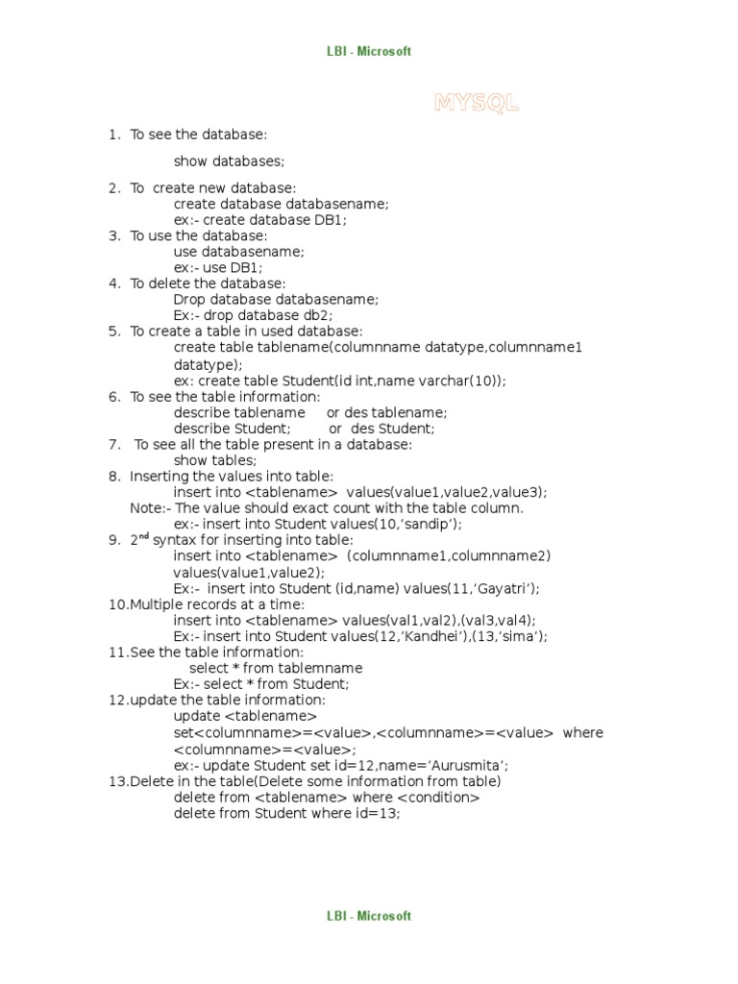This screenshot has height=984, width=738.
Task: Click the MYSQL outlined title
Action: (x=477, y=104)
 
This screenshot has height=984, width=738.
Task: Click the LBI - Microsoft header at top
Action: (x=368, y=52)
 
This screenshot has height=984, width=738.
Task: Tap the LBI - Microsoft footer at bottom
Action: (x=368, y=917)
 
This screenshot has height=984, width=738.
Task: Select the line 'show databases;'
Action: (x=230, y=160)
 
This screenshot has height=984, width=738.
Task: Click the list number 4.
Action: (x=114, y=283)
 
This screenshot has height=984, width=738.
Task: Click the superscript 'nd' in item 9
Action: (x=144, y=537)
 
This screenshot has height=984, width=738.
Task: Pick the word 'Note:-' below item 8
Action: (x=151, y=507)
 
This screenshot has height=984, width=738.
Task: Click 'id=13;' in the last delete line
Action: (x=378, y=813)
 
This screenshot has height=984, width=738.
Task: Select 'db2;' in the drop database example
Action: (x=319, y=315)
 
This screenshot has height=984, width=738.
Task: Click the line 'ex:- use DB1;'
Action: (x=218, y=267)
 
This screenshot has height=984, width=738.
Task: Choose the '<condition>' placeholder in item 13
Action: (x=437, y=797)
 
